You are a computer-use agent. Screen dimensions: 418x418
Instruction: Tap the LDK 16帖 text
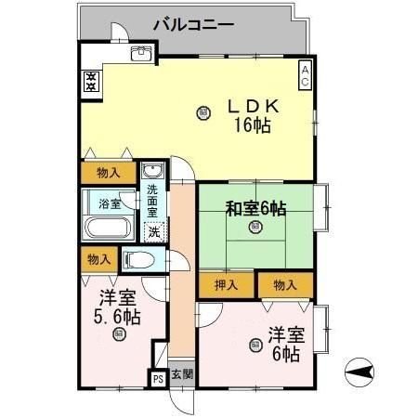252,116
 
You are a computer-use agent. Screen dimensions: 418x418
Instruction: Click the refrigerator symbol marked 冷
91,81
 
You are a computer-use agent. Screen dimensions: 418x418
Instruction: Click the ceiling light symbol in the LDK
202,113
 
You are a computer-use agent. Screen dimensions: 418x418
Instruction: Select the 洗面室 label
152,200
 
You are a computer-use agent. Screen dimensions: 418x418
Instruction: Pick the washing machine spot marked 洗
154,231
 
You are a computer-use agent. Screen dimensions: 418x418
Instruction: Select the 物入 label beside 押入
284,285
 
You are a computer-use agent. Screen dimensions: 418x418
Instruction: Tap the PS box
157,378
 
